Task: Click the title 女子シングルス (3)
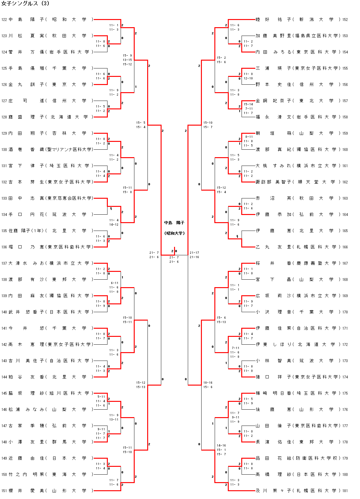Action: (25, 3)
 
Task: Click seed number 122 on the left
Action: (4, 19)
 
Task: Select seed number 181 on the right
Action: (345, 491)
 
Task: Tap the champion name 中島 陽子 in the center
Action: (174, 223)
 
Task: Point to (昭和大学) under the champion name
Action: (174, 233)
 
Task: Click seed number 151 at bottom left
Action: (4, 491)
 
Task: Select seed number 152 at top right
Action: (345, 19)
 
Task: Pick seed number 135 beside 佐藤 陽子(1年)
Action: (4, 231)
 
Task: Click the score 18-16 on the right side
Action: (208, 382)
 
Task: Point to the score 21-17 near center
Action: (194, 252)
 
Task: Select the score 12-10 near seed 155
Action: (248, 78)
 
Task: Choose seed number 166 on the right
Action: (345, 247)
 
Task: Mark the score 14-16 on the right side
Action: (221, 445)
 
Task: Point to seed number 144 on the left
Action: (4, 377)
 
